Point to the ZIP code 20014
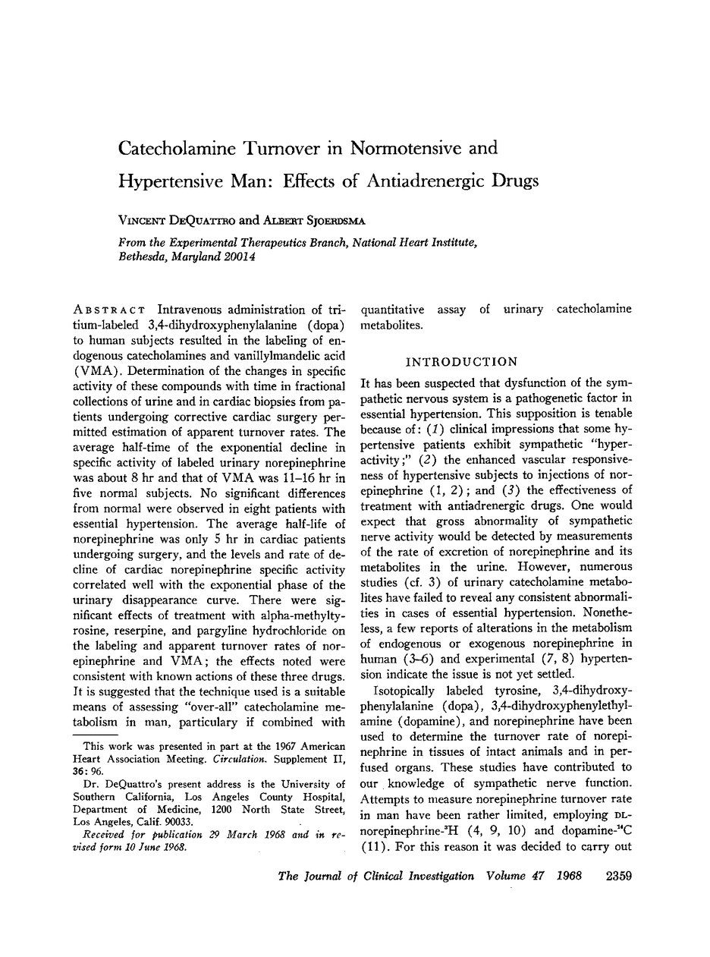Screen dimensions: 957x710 click(x=237, y=257)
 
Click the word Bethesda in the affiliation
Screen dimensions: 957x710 click(x=143, y=257)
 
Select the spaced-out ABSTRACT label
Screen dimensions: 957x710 click(x=105, y=310)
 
